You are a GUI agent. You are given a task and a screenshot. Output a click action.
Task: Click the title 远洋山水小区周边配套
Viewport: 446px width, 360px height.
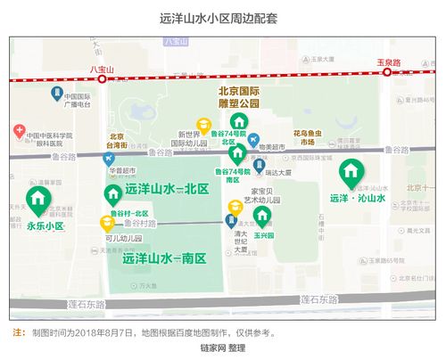(222, 16)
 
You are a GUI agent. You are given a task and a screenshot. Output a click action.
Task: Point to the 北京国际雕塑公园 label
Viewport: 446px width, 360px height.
(239, 97)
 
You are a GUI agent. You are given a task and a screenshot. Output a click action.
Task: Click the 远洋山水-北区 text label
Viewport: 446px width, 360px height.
(166, 190)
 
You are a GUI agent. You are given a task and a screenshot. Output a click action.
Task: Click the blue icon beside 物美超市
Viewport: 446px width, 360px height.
(254, 140)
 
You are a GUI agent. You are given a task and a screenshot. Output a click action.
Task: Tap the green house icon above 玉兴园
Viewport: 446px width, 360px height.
(262, 216)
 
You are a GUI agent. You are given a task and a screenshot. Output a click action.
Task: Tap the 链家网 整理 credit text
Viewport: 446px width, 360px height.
(222, 348)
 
